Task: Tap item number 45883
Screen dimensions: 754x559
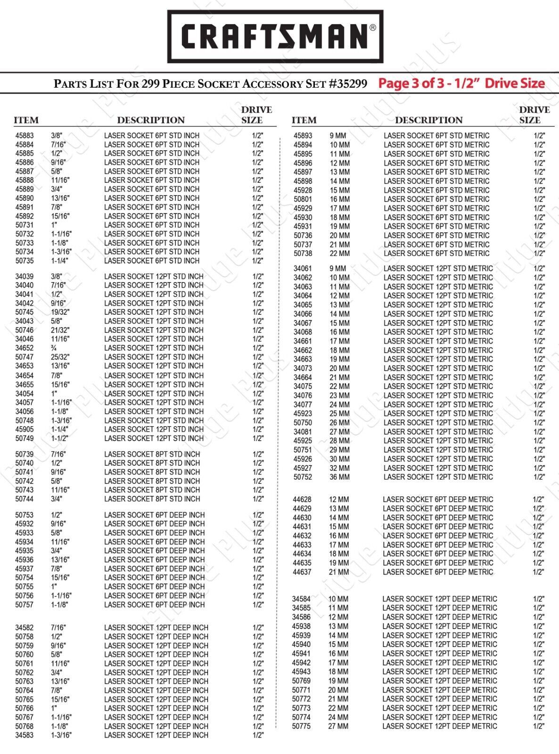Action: click(x=25, y=136)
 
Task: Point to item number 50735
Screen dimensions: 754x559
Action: click(x=25, y=261)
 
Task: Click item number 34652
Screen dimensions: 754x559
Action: click(x=25, y=348)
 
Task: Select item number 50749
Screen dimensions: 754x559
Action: click(x=25, y=439)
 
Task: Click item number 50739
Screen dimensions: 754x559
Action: click(x=25, y=454)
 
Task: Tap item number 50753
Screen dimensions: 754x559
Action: click(x=25, y=516)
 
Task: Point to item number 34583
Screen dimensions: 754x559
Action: click(x=25, y=735)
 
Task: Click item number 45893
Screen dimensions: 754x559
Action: click(x=303, y=136)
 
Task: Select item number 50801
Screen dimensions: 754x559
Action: click(x=303, y=199)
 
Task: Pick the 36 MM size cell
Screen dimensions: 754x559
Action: click(x=339, y=477)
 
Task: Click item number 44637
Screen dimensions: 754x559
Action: click(x=302, y=572)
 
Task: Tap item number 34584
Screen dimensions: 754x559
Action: click(x=301, y=599)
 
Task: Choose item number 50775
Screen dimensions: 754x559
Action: click(x=301, y=727)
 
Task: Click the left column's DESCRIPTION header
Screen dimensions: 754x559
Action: click(x=151, y=120)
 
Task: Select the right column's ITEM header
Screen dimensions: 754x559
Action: click(x=304, y=120)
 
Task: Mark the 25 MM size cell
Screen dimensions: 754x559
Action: click(x=339, y=414)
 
